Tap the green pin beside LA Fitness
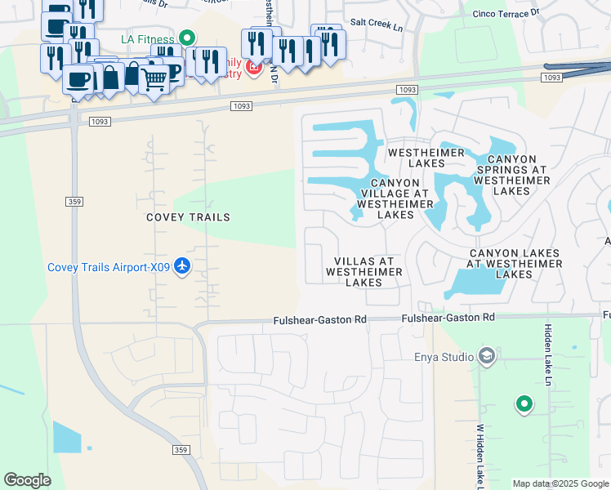pyautogui.click(x=187, y=38)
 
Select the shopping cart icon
pyautogui.click(x=154, y=80)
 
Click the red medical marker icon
pyautogui.click(x=252, y=67)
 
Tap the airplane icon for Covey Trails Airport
pyautogui.click(x=182, y=267)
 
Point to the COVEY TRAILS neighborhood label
pyautogui.click(x=188, y=217)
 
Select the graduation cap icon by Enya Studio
pyautogui.click(x=487, y=356)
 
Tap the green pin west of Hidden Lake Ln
pyautogui.click(x=524, y=403)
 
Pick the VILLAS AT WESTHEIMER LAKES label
pyautogui.click(x=363, y=272)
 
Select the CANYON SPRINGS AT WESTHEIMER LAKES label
pyautogui.click(x=512, y=175)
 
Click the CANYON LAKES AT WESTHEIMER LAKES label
pyautogui.click(x=515, y=264)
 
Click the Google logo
pyautogui.click(x=27, y=480)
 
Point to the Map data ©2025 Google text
pyautogui.click(x=560, y=483)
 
